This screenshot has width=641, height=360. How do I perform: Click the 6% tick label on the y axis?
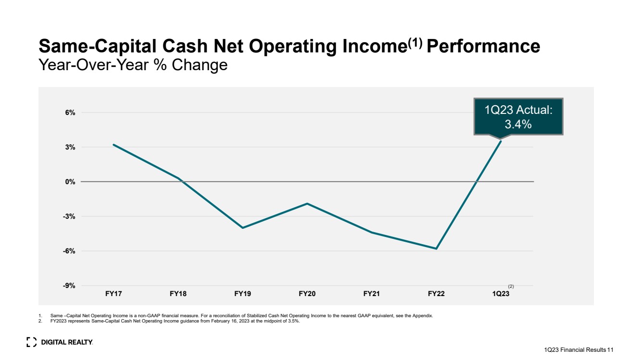click(x=70, y=112)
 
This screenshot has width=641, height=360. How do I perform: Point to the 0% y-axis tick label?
click(x=70, y=182)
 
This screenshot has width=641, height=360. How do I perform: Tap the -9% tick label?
click(x=69, y=286)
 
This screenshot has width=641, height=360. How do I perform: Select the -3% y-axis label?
click(x=69, y=216)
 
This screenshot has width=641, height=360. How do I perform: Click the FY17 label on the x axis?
click(x=113, y=294)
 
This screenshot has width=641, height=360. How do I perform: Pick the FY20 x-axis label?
click(x=307, y=294)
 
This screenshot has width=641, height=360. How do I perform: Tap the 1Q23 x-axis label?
click(x=500, y=294)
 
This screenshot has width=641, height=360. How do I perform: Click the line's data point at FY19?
click(x=242, y=228)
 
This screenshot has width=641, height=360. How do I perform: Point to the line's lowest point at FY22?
click(x=436, y=248)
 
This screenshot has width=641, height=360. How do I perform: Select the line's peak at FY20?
click(x=307, y=204)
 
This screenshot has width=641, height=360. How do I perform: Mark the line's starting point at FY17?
click(x=113, y=145)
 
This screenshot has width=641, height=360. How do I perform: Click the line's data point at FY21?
click(x=371, y=233)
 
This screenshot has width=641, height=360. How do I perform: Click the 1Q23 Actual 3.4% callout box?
click(x=518, y=117)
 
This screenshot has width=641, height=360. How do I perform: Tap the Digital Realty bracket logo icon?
click(x=32, y=342)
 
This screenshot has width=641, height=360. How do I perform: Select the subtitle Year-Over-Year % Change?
click(x=133, y=65)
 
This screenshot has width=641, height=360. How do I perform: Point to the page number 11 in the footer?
click(x=611, y=350)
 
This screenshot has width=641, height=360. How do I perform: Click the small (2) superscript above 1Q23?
click(x=511, y=286)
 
